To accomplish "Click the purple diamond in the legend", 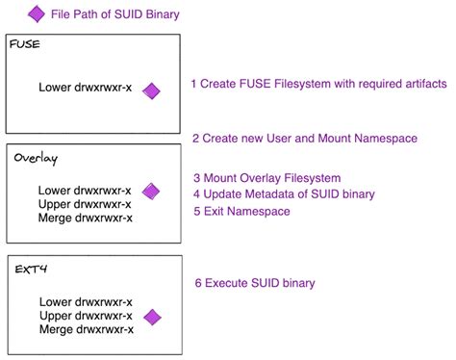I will coord(37,13).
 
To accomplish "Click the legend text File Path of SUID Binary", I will coord(114,14).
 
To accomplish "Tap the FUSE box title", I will coord(25,45).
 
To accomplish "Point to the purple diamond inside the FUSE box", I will coord(151,90).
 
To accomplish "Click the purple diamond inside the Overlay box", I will coord(151,192).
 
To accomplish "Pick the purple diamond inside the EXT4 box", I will coord(151,317).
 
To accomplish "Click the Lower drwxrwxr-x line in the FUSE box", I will coord(86,89).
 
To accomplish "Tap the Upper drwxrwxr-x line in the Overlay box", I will coord(86,204).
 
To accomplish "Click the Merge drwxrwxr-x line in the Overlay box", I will coord(86,218).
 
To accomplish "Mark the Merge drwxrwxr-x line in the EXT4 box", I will coord(86,330).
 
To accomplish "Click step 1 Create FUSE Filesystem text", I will coord(318,85).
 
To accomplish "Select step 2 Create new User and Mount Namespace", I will coord(305,139).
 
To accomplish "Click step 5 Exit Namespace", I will coord(241,211).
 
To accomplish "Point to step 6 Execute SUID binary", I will coord(254,283).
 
